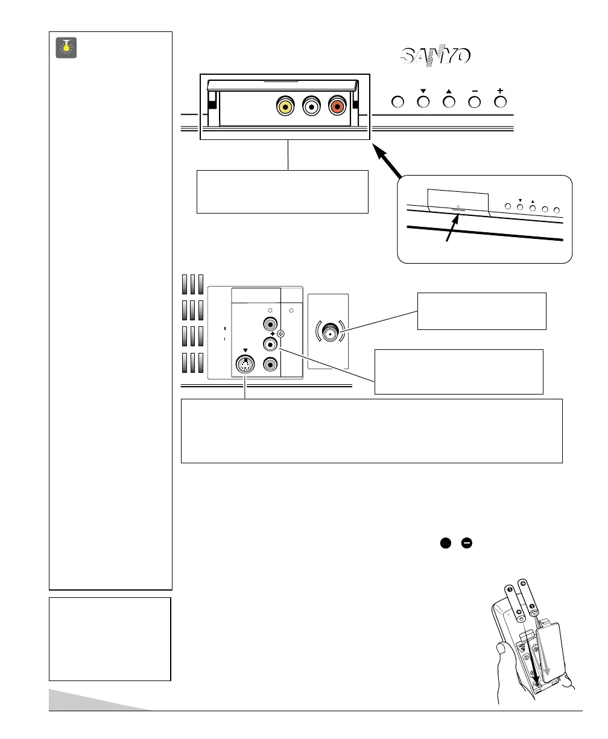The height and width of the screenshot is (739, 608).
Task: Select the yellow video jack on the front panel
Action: pos(284,107)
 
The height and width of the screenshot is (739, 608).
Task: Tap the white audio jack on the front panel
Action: pos(311,107)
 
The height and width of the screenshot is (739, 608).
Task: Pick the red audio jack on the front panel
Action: pos(337,107)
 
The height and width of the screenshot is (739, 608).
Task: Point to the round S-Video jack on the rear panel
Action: pos(245,366)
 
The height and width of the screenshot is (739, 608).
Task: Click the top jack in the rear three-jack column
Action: pos(270,325)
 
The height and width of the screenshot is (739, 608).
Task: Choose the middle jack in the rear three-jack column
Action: pos(270,344)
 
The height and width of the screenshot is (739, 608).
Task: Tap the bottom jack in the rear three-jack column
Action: pos(270,364)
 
